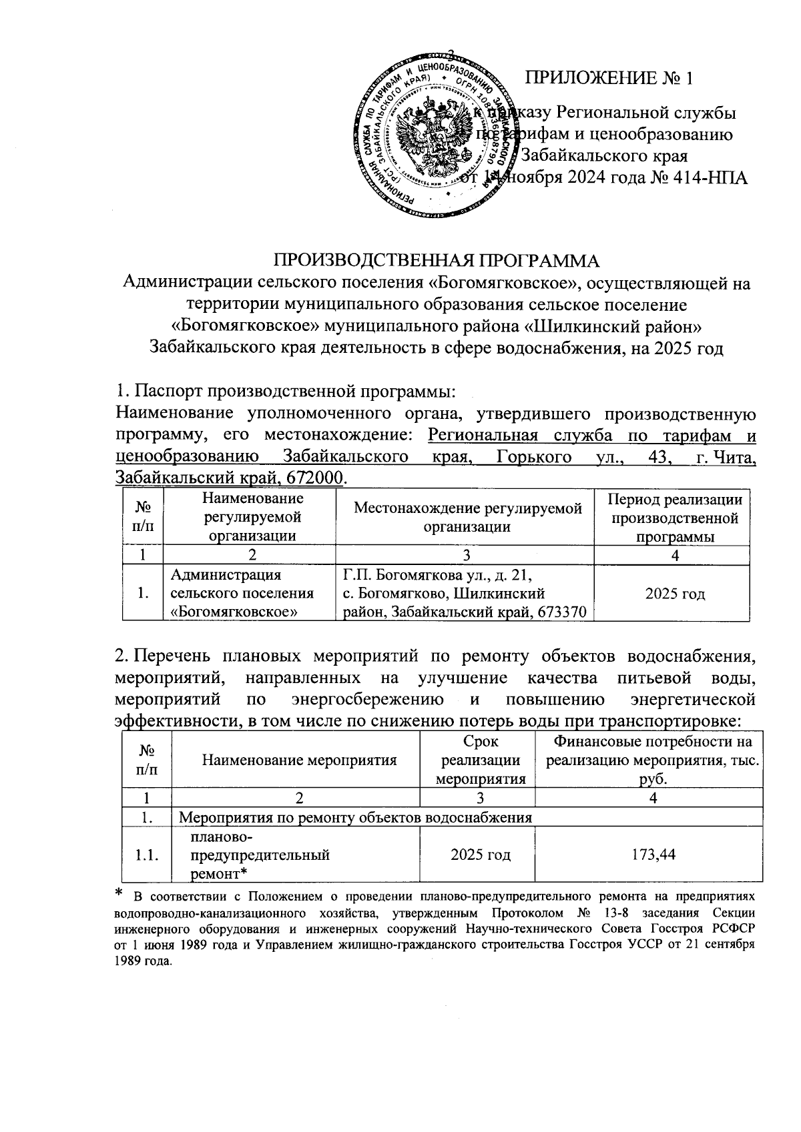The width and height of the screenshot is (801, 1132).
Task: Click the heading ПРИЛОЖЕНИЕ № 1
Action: point(609,79)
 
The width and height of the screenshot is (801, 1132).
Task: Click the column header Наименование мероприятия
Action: point(299,760)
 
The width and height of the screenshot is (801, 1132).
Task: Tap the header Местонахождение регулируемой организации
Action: point(467,517)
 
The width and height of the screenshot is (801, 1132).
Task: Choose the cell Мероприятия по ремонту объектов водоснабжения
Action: point(356,817)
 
